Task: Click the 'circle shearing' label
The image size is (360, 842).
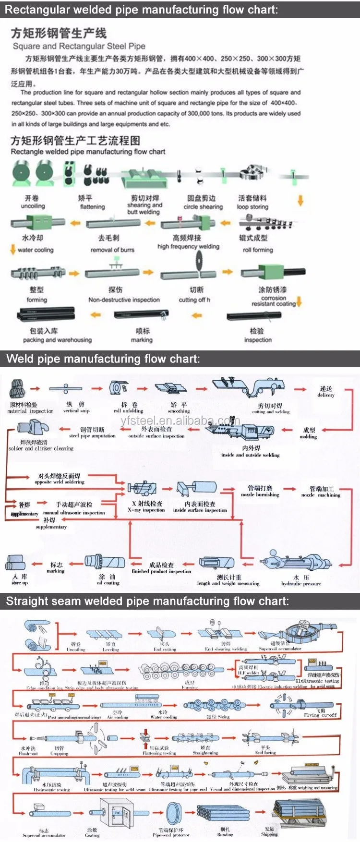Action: coord(203,207)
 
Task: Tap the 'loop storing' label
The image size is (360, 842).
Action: coord(252,207)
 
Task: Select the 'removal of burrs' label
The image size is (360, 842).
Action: coord(112,250)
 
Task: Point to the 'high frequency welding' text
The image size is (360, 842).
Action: coord(188,246)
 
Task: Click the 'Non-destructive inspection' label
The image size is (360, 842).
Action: coord(124,300)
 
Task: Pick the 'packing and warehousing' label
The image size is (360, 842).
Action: coord(57,340)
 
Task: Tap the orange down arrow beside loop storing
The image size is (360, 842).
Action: coord(300,200)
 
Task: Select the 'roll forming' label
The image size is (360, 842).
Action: coord(258,250)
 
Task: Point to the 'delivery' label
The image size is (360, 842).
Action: coord(326,395)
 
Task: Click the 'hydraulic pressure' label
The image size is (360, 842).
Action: coord(301,584)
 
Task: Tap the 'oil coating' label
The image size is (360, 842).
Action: coord(108,583)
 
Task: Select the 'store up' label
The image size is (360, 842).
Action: coord(20,583)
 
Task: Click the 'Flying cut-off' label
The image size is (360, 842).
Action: coord(320,715)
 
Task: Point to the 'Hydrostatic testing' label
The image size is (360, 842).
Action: coord(51,790)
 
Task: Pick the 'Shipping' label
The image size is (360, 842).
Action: coord(269,834)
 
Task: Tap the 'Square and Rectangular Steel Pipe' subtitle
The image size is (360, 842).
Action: coord(79,46)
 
